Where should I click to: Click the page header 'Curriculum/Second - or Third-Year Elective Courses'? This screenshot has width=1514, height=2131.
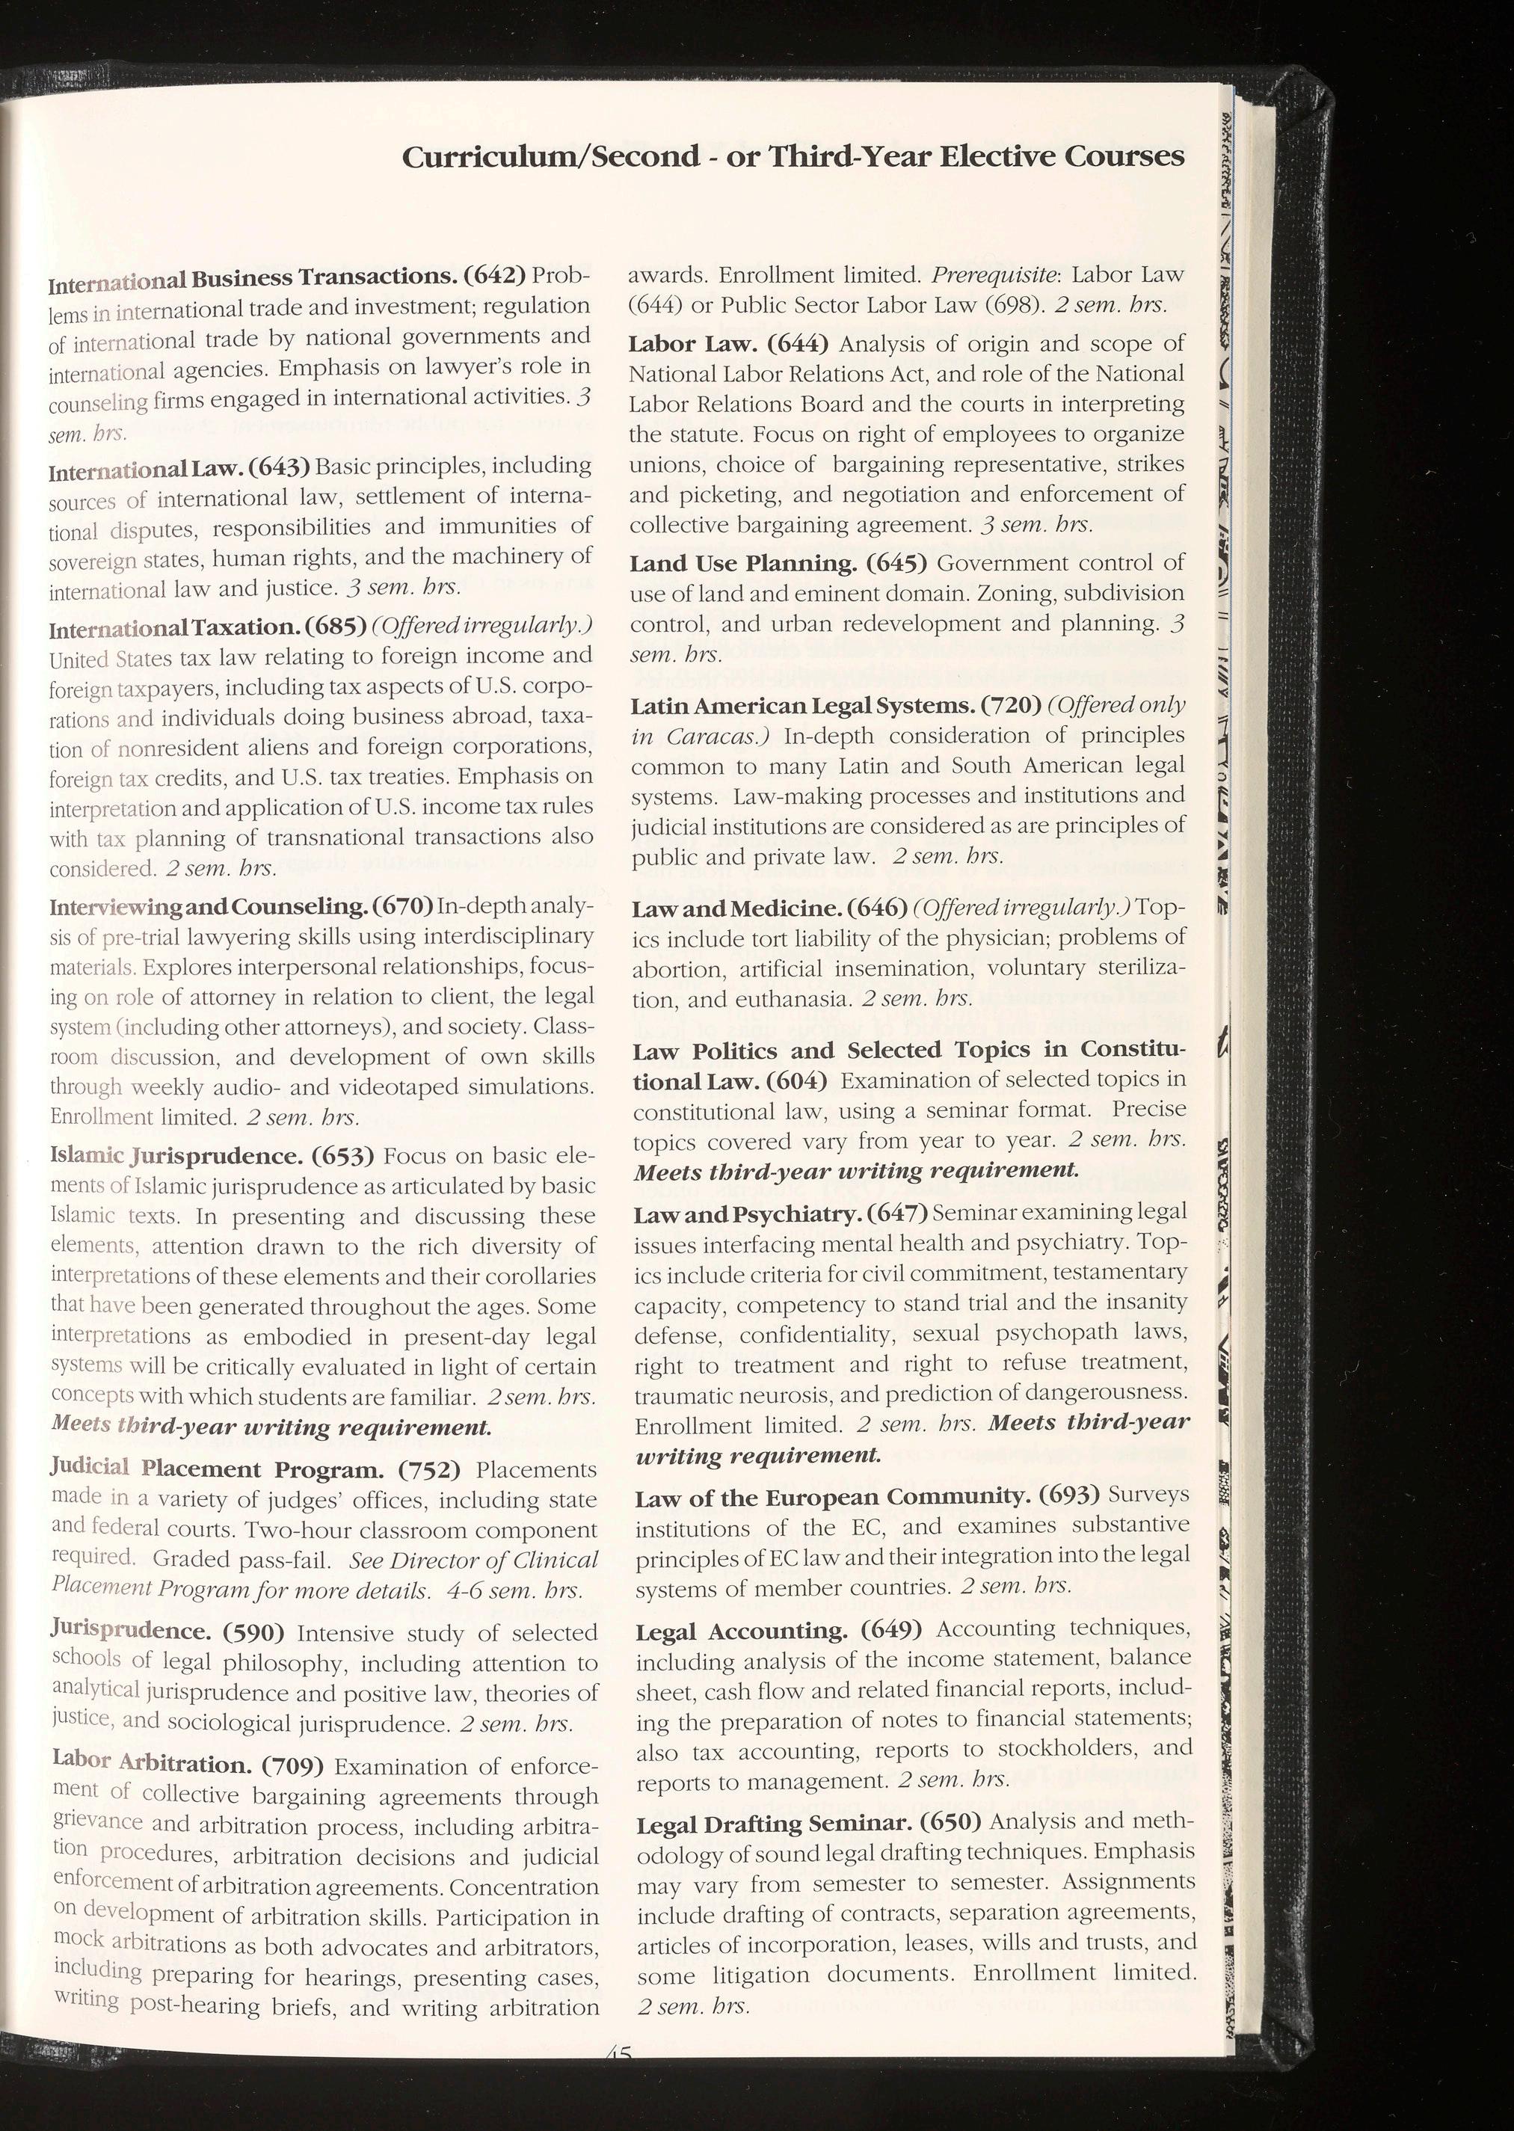click(x=793, y=156)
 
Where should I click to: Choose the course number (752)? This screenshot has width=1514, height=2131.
click(x=430, y=1471)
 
